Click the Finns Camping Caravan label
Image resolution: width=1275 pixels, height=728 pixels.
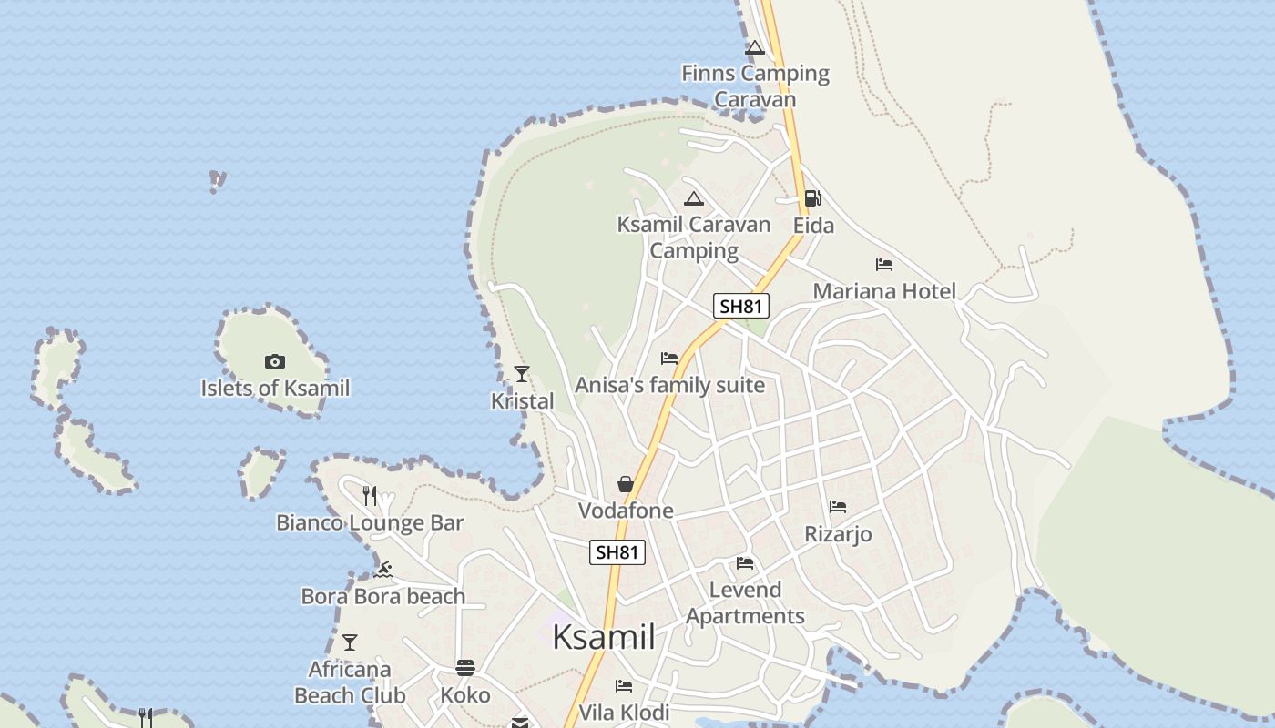(755, 86)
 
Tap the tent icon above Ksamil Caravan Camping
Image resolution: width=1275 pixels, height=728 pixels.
(694, 199)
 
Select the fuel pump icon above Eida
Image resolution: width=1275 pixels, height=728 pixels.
(812, 198)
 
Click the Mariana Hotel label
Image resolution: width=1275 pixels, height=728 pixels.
(884, 291)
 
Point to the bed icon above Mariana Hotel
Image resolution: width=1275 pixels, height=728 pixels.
(884, 265)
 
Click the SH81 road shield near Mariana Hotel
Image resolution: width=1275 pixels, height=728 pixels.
(740, 306)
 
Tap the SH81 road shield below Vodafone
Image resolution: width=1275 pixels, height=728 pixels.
(617, 551)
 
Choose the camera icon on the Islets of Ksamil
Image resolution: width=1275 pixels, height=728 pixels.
(275, 361)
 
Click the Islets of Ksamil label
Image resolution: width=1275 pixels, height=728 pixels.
(275, 389)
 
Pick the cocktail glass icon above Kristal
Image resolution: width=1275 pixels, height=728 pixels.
(522, 373)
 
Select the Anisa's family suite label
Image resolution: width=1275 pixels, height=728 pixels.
(669, 385)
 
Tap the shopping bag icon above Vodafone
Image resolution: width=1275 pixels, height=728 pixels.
(625, 484)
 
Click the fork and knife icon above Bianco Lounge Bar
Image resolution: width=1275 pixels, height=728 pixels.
(370, 495)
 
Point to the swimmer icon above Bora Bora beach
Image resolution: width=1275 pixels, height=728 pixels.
(383, 571)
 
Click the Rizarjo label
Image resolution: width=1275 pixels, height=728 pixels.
(838, 534)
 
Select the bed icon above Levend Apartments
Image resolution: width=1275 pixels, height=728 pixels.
(745, 563)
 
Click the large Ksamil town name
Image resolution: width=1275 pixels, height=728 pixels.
(603, 637)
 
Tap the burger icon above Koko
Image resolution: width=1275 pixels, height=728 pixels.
(465, 669)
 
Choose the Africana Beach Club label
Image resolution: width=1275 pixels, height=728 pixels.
(350, 682)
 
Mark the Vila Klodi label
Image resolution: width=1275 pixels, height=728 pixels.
(624, 712)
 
